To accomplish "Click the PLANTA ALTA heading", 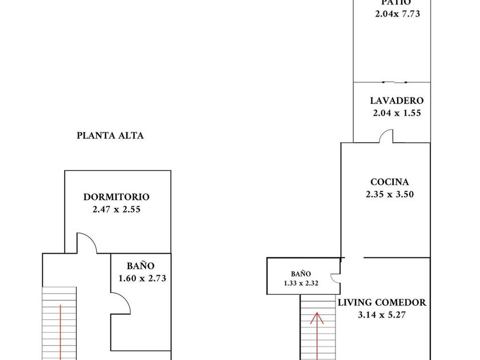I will click(110, 136).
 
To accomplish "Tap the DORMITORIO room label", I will click(117, 197).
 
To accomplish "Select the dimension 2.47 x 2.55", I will click(117, 209).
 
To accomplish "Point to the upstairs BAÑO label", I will click(141, 266).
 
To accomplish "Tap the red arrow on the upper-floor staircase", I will click(61, 331).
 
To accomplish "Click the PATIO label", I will click(398, 3).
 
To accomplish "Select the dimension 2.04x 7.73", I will click(398, 14).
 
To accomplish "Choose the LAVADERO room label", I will click(397, 101).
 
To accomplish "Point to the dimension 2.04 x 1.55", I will click(397, 113).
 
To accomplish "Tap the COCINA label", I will click(389, 182).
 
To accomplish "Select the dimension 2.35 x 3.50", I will click(389, 194).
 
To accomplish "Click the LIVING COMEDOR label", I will click(382, 303).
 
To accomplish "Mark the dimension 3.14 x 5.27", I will click(382, 315).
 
